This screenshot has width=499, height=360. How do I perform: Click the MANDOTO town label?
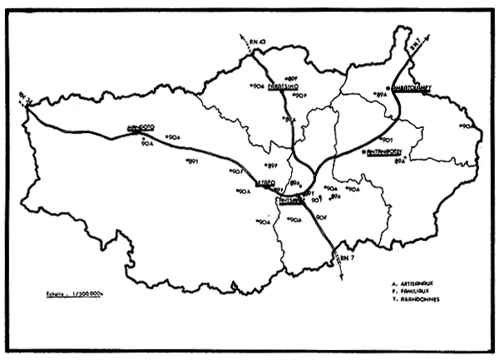tap(142, 129)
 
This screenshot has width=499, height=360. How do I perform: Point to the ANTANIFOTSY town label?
tap(388, 153)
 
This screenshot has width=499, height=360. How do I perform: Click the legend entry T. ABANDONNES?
tap(419, 299)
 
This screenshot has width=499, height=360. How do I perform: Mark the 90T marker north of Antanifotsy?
tap(387, 140)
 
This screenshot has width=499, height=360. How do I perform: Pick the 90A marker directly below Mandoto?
tap(148, 144)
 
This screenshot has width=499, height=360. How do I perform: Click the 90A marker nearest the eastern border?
tap(467, 126)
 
